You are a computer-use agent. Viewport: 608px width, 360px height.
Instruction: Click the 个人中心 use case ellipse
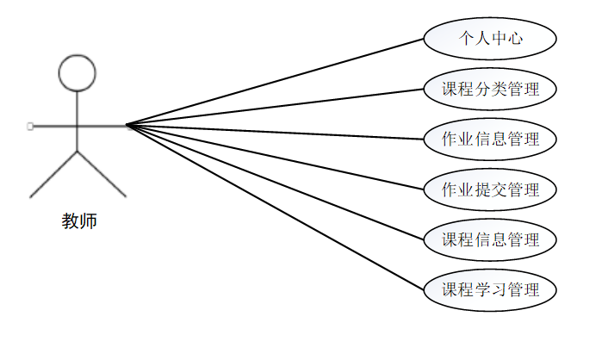point(490,39)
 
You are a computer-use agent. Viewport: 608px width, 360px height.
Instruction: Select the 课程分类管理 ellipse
point(490,89)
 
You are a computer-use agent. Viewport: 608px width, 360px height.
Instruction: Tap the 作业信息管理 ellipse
point(490,139)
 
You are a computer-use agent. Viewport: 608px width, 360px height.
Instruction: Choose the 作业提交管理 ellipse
point(490,189)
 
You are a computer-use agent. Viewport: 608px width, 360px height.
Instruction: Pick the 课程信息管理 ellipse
point(490,239)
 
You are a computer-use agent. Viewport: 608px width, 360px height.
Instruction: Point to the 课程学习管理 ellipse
point(490,289)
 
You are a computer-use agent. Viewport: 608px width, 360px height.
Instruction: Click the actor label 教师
point(79,221)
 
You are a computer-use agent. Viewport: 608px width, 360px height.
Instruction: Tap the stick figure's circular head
point(78,74)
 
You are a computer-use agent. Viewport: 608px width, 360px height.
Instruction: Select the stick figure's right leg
point(102,174)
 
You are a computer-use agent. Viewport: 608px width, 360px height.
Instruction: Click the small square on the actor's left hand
point(30,127)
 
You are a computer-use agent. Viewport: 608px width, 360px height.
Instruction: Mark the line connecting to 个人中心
point(276,82)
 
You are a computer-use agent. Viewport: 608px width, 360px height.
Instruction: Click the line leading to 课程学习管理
point(276,208)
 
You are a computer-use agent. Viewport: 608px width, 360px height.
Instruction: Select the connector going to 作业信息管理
point(276,132)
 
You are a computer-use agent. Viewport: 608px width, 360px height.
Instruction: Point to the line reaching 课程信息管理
point(276,183)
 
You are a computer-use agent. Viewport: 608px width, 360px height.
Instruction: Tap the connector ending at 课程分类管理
point(276,107)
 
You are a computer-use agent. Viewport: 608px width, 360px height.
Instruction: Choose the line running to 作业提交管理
point(276,158)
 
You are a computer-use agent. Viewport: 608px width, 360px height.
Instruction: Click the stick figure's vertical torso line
point(78,121)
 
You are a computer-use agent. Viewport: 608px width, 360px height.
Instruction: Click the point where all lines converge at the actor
point(127,126)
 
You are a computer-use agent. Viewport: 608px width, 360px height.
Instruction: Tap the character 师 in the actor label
point(89,221)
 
